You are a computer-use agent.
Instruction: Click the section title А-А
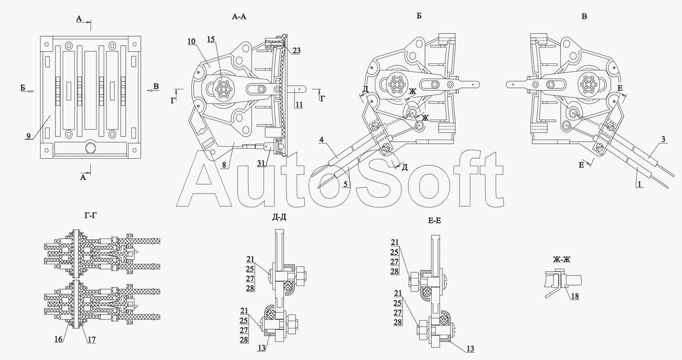(x=239, y=16)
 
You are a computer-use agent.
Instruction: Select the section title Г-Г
(x=90, y=216)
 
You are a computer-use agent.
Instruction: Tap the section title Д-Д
(x=279, y=217)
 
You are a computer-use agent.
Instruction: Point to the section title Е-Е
(x=434, y=221)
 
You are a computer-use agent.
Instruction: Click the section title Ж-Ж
(x=562, y=259)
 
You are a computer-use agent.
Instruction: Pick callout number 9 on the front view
(x=28, y=136)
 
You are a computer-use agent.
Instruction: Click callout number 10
(x=191, y=42)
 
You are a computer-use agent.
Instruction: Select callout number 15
(x=211, y=39)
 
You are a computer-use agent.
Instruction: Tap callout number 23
(x=296, y=51)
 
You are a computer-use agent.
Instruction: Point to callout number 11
(x=299, y=105)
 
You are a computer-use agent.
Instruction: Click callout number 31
(x=261, y=163)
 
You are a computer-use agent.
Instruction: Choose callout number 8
(x=224, y=165)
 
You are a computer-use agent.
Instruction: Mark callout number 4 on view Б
(x=321, y=140)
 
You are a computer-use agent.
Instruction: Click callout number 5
(x=345, y=184)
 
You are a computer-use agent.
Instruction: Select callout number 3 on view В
(x=663, y=139)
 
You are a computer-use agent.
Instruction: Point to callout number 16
(x=59, y=339)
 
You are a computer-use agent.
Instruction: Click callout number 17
(x=92, y=340)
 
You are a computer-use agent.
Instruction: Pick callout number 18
(x=575, y=296)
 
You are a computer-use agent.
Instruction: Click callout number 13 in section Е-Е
(x=470, y=349)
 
